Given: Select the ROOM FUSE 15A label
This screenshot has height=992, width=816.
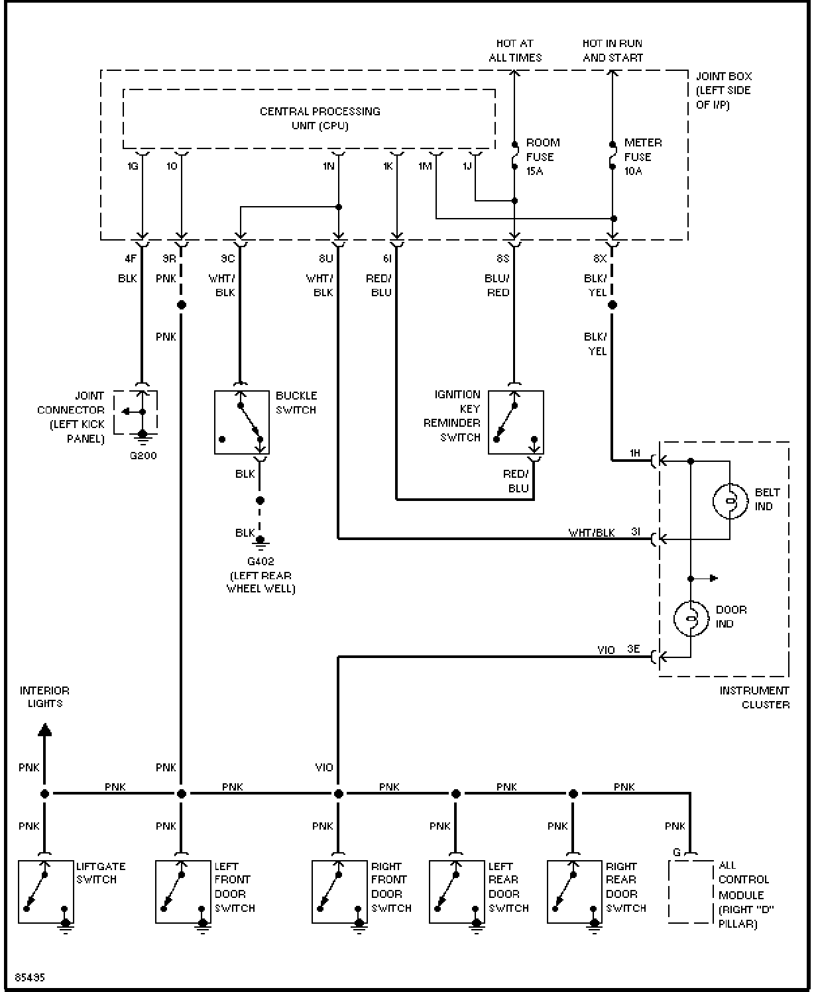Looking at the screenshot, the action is (x=543, y=156).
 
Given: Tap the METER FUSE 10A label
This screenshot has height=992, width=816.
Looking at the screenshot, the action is (x=643, y=156).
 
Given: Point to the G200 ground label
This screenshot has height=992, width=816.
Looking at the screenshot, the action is (x=143, y=455).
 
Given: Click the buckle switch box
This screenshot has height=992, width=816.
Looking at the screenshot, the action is (x=242, y=422).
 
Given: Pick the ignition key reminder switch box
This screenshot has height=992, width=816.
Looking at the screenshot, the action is (x=516, y=422).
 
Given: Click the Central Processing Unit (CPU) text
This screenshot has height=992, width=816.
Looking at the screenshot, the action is (x=320, y=119).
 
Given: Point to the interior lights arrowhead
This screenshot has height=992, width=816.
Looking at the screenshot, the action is (x=44, y=730).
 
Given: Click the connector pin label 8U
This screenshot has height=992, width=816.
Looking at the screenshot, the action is (x=325, y=258).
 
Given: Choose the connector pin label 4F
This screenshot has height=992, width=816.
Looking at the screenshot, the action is (x=131, y=258).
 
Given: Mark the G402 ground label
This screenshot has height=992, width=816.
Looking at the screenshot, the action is (x=261, y=561).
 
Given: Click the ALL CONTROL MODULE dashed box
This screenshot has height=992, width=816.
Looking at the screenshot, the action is (x=670, y=892).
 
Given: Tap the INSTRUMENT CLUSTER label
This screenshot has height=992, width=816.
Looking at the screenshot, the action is (x=754, y=698).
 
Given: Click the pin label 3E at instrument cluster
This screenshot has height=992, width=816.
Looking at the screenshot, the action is (x=634, y=649).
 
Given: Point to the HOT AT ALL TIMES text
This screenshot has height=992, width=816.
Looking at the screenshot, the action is (x=515, y=50).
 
